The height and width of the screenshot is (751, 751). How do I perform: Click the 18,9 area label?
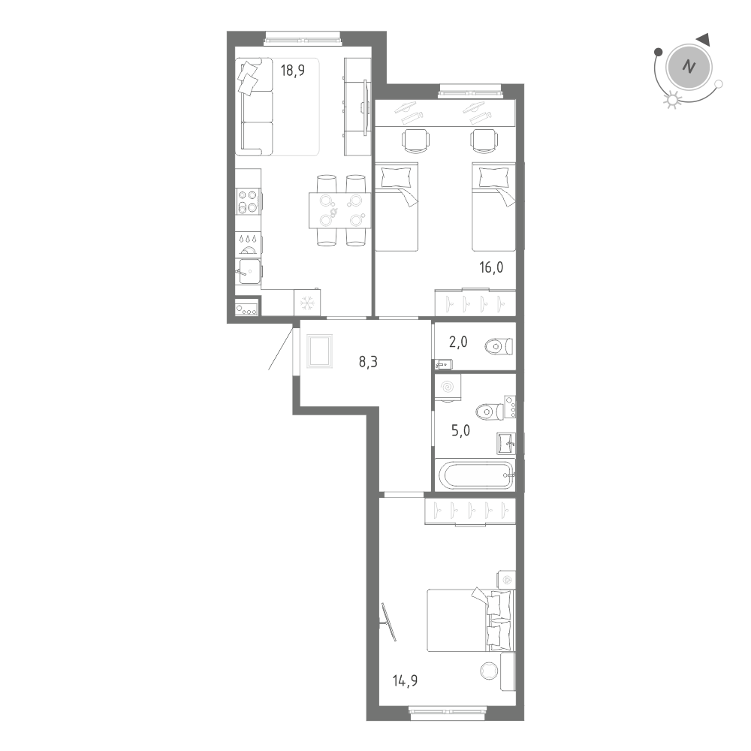292,71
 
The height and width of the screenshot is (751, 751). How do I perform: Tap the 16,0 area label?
492,266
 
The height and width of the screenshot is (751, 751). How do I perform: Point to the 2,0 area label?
459,342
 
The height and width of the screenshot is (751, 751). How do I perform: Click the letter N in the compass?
687,66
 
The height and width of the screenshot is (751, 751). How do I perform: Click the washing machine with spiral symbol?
448,387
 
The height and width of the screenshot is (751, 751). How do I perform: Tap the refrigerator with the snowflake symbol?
306,303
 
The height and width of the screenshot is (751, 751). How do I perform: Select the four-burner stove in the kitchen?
249,200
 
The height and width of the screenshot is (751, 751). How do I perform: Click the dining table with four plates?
339,210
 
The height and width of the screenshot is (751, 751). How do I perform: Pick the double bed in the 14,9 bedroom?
469,620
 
